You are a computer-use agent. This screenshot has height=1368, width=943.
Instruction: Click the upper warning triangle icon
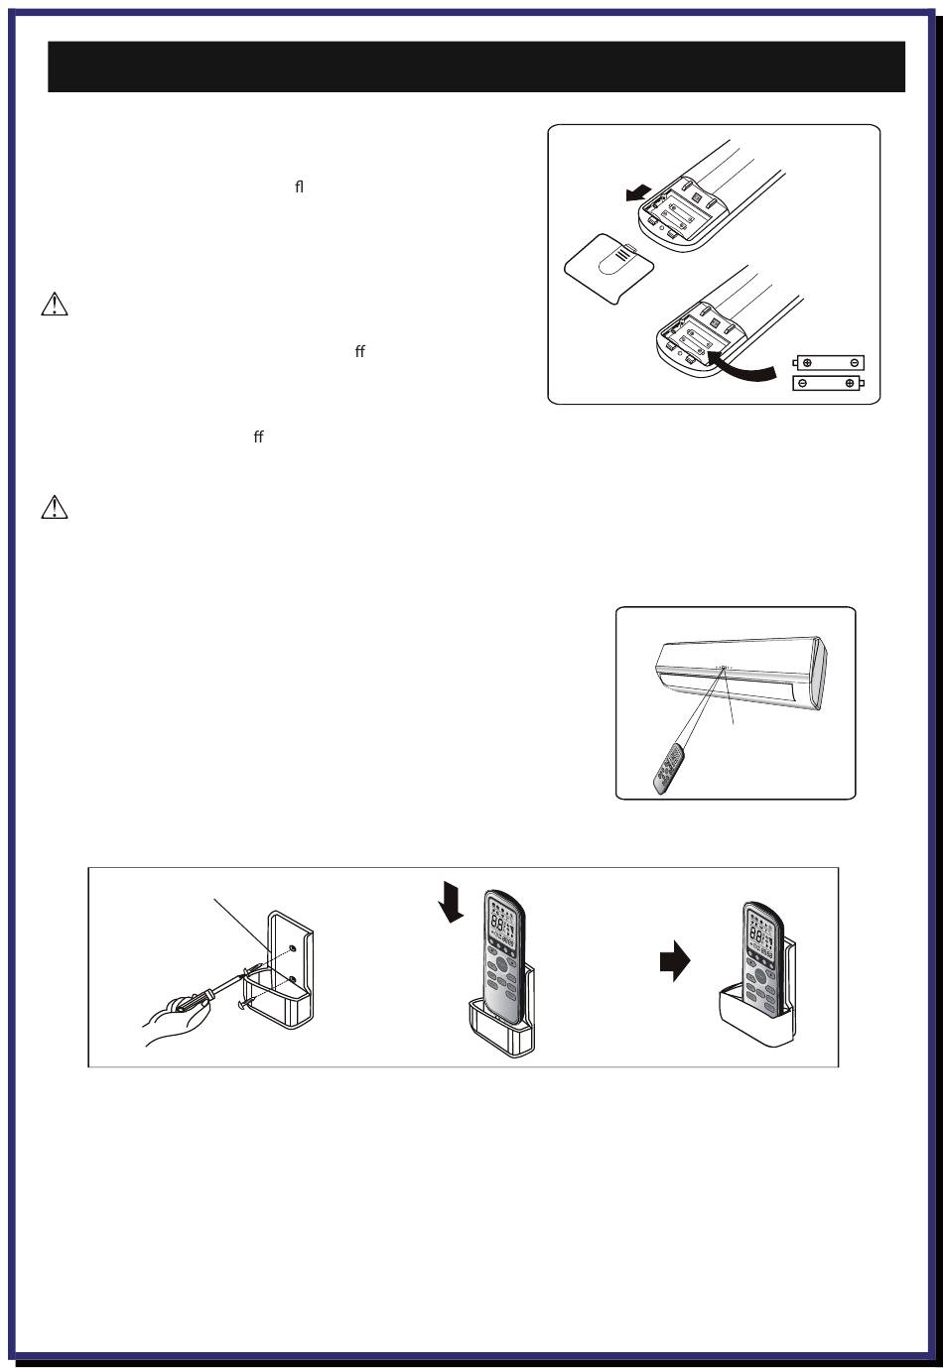(55, 305)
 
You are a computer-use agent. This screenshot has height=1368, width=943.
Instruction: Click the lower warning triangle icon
(55, 508)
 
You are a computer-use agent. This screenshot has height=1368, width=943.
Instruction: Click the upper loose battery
(829, 363)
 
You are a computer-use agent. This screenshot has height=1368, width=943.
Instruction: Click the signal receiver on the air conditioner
(724, 668)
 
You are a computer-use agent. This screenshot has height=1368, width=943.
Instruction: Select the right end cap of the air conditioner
(818, 675)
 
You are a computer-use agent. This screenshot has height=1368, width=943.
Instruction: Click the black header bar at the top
(476, 66)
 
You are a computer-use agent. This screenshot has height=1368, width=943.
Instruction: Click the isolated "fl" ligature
(299, 186)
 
